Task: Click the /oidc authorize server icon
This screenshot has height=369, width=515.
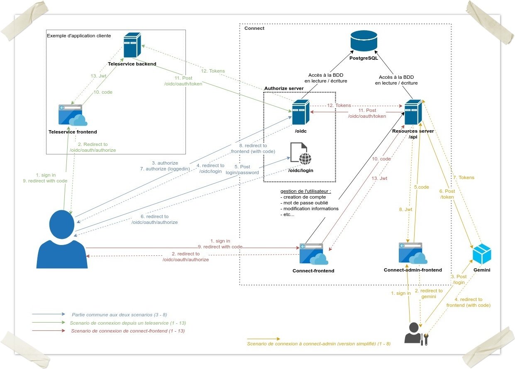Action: [300, 112]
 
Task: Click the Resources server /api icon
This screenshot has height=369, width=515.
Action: [413, 112]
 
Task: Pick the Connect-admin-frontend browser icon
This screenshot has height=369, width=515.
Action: [412, 253]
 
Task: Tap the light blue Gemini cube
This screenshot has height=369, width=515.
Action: [482, 254]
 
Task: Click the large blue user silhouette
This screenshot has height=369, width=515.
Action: [63, 239]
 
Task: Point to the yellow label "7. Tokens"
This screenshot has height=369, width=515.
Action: [464, 177]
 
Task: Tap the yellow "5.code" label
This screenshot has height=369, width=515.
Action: [422, 187]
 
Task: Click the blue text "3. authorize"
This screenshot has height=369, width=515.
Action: [165, 163]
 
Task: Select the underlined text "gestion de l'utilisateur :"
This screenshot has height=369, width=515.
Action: [306, 191]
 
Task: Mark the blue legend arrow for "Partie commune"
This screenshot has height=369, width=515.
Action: [49, 314]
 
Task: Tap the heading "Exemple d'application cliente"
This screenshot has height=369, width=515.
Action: [79, 36]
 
